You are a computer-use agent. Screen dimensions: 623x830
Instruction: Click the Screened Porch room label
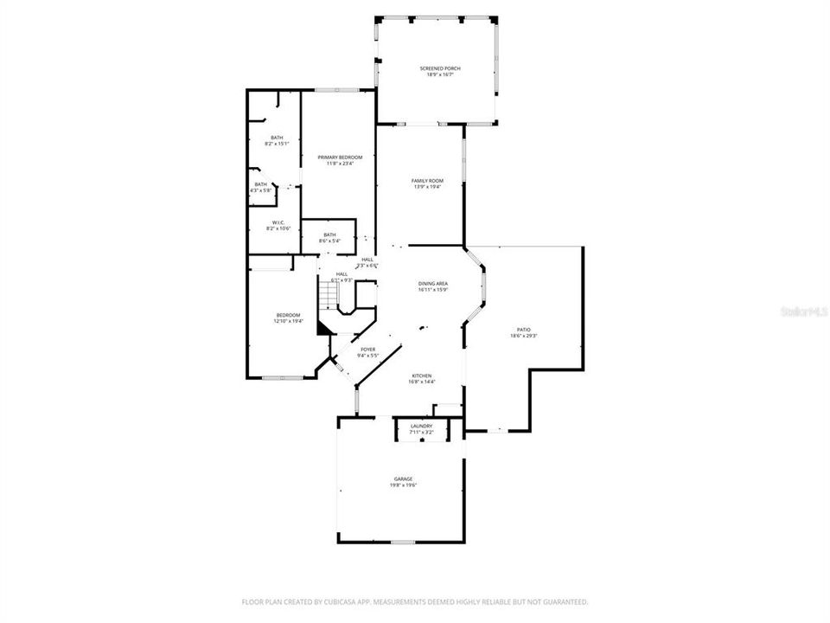[437, 67]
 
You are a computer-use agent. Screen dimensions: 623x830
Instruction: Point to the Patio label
[524, 330]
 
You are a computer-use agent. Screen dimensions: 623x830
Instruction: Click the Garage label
[403, 478]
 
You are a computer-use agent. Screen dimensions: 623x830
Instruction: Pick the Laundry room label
[421, 426]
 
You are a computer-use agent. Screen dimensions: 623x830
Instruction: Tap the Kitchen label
[421, 376]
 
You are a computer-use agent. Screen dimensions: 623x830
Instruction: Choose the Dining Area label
[433, 284]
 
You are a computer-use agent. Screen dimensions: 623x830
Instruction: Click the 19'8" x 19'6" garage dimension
[403, 485]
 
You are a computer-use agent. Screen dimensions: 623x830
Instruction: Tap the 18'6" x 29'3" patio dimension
[524, 337]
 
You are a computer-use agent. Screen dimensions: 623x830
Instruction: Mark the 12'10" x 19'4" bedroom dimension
[289, 321]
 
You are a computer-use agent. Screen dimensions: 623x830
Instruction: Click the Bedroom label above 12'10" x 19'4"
[289, 314]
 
